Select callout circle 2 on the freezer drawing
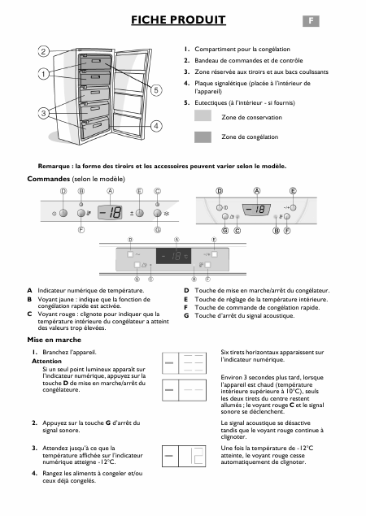coord(41,51)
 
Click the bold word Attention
coord(46,360)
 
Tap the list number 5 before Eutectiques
coord(186,102)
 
